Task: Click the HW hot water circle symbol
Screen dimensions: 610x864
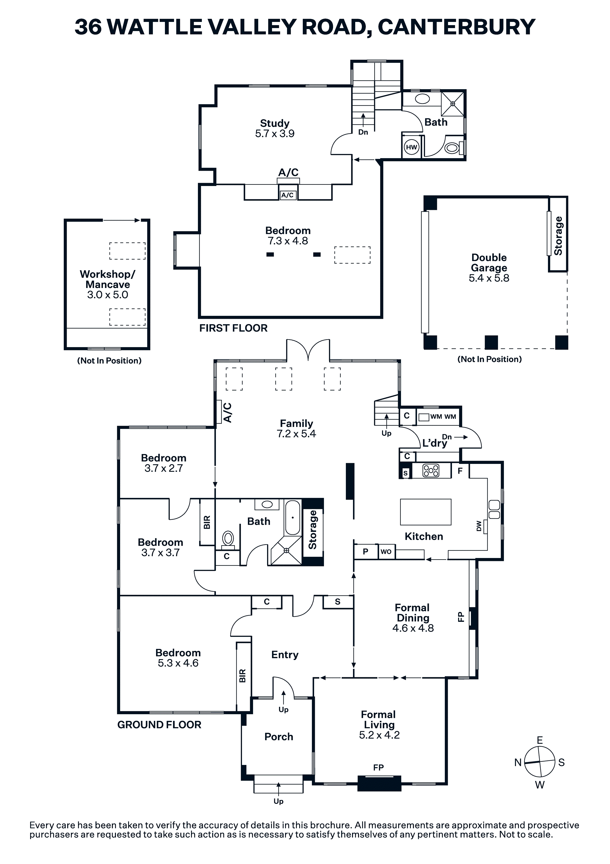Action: click(x=411, y=147)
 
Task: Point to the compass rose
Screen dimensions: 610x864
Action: click(x=540, y=762)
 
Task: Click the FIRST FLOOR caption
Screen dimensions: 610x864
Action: click(x=233, y=328)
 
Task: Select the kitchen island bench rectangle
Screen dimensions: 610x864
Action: click(x=425, y=512)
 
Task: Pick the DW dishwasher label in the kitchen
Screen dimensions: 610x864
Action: click(x=479, y=526)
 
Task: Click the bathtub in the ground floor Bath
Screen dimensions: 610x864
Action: click(x=293, y=517)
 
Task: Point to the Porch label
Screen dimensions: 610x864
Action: click(x=279, y=736)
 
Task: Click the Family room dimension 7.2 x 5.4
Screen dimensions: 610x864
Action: click(x=296, y=434)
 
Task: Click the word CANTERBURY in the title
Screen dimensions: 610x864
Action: click(x=456, y=27)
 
